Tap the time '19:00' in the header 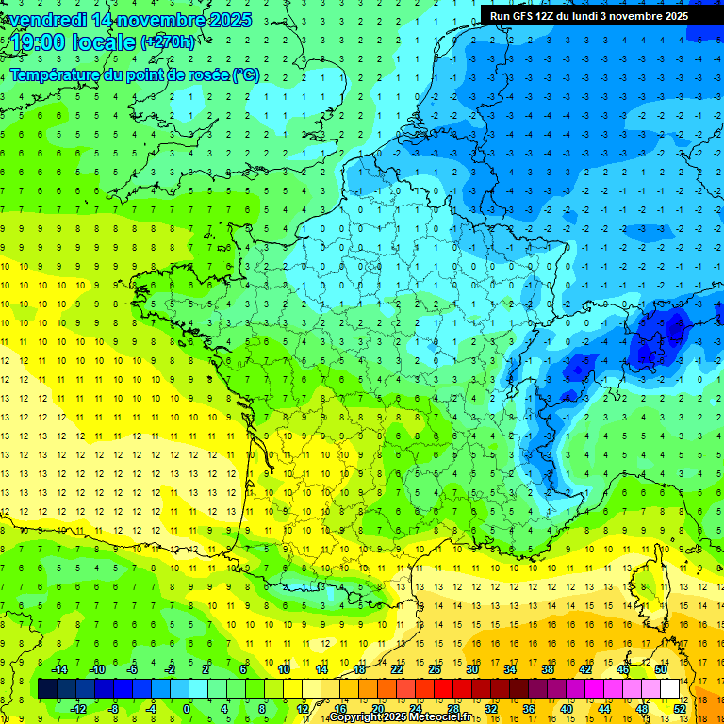point(39,42)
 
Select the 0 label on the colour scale point(187,709)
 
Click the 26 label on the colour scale point(434,669)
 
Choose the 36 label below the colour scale point(529,709)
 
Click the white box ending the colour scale point(669,689)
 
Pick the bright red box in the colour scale point(443,689)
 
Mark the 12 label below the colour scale point(303,709)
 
